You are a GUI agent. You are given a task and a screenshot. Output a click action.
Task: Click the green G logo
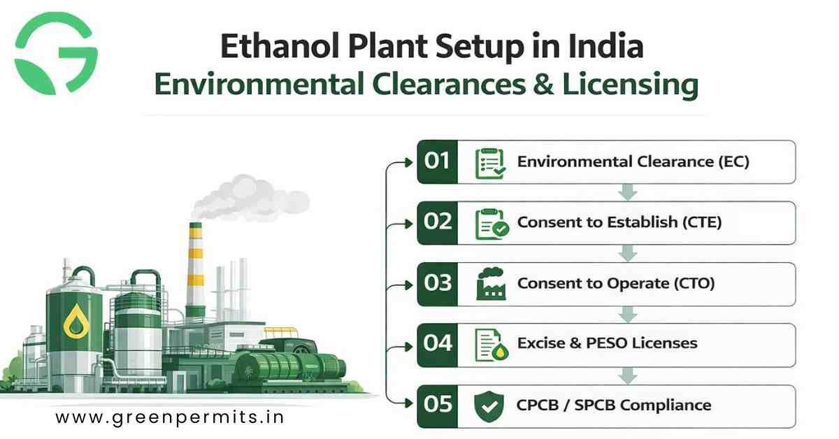click(x=56, y=54)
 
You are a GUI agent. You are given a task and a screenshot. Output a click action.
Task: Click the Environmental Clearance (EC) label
click(x=633, y=162)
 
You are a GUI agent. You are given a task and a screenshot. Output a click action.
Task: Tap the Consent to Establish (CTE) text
click(x=619, y=223)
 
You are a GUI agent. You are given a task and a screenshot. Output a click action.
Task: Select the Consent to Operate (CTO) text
click(x=615, y=284)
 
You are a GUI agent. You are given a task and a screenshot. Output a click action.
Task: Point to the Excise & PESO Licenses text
click(x=607, y=344)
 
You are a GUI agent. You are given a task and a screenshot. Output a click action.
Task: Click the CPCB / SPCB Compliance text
click(x=614, y=405)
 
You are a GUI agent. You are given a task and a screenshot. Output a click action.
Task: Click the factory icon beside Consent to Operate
click(x=489, y=284)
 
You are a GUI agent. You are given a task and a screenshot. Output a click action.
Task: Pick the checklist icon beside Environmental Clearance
click(x=489, y=163)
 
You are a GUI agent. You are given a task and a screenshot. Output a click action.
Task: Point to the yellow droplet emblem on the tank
click(x=73, y=322)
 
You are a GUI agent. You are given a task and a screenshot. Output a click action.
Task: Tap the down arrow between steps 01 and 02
click(x=628, y=192)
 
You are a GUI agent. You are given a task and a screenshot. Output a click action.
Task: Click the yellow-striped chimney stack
click(x=196, y=266)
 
